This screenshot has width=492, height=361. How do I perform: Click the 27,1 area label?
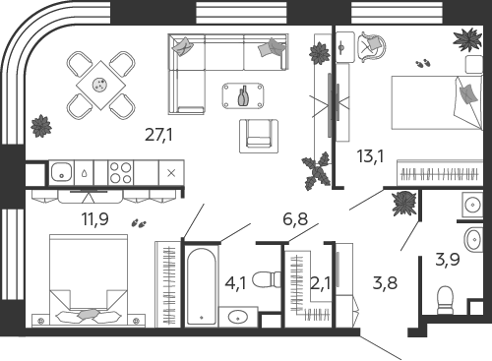[x=158, y=135]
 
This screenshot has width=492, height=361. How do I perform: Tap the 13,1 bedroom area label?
[x=370, y=156]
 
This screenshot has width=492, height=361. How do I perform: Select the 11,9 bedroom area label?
[x=95, y=218]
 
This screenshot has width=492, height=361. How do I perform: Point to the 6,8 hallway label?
[x=295, y=218]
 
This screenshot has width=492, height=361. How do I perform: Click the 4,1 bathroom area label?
[x=235, y=282]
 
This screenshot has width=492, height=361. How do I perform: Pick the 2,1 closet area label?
[x=320, y=282]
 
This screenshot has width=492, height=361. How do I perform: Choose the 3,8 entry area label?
[x=385, y=282]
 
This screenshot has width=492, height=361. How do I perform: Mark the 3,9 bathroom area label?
[x=448, y=260]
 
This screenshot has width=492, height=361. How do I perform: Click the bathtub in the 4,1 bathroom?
[x=202, y=286]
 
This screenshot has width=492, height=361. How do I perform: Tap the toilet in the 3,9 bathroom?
[x=446, y=300]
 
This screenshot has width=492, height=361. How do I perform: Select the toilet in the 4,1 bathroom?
[x=267, y=279]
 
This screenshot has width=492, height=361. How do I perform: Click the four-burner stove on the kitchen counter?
[x=121, y=173]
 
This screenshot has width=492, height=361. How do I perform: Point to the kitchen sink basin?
[x=61, y=172]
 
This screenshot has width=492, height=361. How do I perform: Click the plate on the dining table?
[x=100, y=85]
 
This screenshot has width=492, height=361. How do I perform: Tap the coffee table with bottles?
[x=243, y=95]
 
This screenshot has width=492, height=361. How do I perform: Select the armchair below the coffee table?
[x=259, y=136]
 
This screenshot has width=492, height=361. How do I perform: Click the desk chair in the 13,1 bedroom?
[x=371, y=47]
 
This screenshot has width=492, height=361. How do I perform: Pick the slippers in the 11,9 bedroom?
[x=139, y=223]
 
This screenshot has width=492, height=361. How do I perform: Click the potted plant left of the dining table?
[x=41, y=126]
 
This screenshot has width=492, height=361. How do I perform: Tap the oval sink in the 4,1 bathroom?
[x=238, y=317]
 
